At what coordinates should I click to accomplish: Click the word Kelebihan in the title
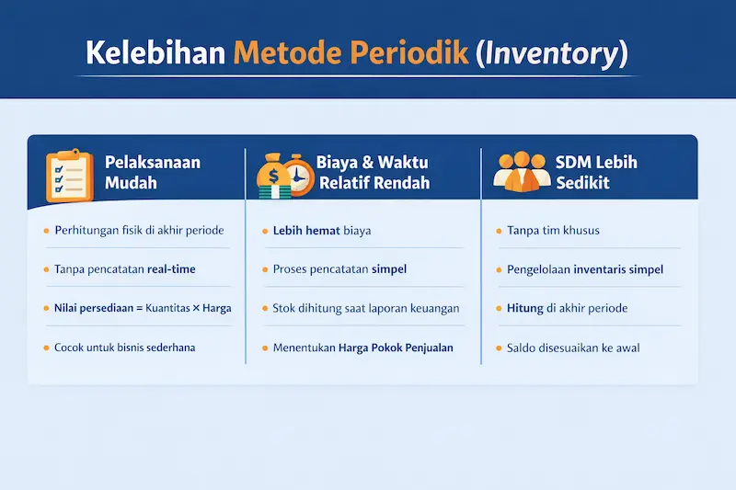pyautogui.click(x=155, y=52)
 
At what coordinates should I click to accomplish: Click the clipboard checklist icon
pyautogui.click(x=69, y=174)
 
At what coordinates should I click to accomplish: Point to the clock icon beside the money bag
pyautogui.click(x=295, y=173)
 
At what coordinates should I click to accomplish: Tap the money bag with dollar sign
pyautogui.click(x=273, y=175)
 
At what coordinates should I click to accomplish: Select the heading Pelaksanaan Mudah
pyautogui.click(x=152, y=173)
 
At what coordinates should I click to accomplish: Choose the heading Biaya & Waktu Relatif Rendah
pyautogui.click(x=373, y=173)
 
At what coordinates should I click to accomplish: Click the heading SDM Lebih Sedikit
pyautogui.click(x=596, y=173)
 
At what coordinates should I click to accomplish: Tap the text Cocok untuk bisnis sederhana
pyautogui.click(x=125, y=348)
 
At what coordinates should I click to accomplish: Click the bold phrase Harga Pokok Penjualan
pyautogui.click(x=396, y=348)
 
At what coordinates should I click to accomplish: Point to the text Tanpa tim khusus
pyautogui.click(x=553, y=230)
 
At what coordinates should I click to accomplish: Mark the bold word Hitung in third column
pyautogui.click(x=525, y=309)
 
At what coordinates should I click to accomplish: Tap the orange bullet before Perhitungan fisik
pyautogui.click(x=46, y=230)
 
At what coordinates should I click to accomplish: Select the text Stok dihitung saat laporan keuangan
pyautogui.click(x=365, y=309)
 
